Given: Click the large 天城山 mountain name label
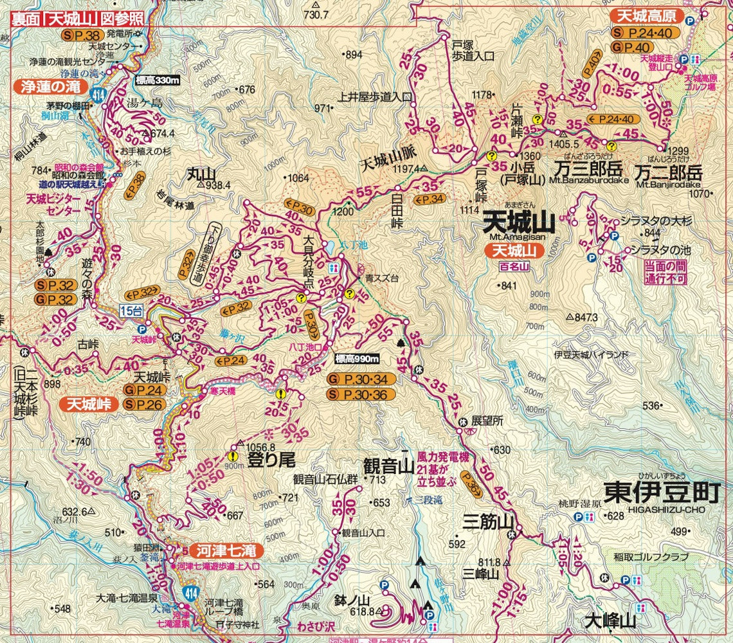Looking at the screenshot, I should (x=518, y=224).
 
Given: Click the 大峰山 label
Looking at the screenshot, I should (x=610, y=621).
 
